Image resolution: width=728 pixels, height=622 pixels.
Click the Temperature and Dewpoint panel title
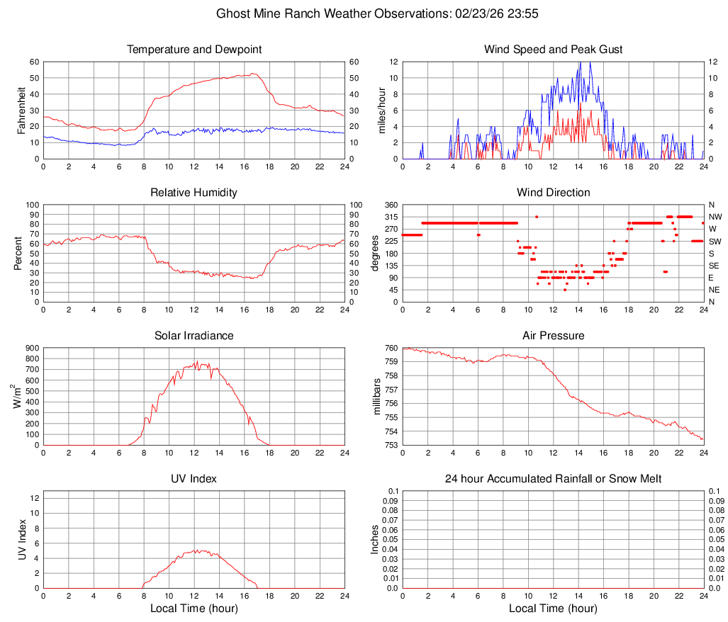(194, 50)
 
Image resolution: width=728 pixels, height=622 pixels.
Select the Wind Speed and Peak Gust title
(554, 50)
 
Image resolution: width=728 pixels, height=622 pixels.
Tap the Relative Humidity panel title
(194, 193)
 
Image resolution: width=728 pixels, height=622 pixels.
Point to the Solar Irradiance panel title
(194, 336)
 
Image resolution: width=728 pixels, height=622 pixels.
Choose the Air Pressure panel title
(554, 336)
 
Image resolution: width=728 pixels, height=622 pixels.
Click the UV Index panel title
(194, 479)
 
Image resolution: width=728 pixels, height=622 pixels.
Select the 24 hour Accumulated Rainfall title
(554, 479)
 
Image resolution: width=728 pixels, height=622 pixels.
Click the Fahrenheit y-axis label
(21, 110)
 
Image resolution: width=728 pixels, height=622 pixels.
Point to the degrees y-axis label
(376, 253)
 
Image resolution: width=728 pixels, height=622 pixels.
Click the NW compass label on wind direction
(715, 217)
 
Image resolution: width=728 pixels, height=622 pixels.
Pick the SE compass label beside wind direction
(714, 266)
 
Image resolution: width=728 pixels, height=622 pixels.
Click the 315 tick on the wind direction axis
(390, 217)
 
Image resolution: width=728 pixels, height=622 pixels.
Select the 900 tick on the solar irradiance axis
(31, 348)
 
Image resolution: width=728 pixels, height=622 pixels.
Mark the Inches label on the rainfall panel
(376, 539)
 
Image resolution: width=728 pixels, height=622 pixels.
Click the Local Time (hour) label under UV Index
(194, 609)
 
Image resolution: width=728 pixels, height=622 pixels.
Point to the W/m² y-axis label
(16, 396)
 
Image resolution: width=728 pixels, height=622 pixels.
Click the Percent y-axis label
(18, 253)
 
